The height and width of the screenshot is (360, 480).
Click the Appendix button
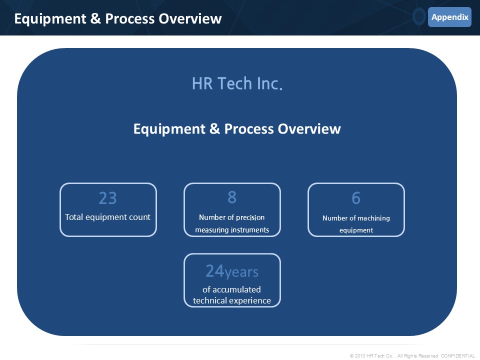pyautogui.click(x=449, y=17)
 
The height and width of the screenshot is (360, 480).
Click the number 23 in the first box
pyautogui.click(x=108, y=198)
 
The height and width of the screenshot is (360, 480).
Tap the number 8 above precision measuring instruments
pyautogui.click(x=232, y=197)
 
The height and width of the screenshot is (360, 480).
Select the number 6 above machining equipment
pyautogui.click(x=356, y=198)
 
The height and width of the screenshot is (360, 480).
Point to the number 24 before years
pyautogui.click(x=215, y=271)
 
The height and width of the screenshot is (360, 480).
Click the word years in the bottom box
pyautogui.click(x=241, y=272)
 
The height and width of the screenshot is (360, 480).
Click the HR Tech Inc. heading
pyautogui.click(x=237, y=83)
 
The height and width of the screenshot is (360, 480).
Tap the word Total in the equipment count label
pyautogui.click(x=74, y=217)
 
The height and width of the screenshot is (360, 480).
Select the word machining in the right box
pyautogui.click(x=373, y=218)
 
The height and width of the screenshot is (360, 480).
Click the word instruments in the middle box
pyautogui.click(x=250, y=230)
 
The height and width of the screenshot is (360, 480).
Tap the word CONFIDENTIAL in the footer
pyautogui.click(x=458, y=355)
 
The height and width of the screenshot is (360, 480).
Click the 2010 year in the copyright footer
pyautogui.click(x=360, y=355)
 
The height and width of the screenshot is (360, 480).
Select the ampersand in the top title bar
pyautogui.click(x=95, y=18)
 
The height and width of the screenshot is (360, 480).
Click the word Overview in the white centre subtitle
pyautogui.click(x=309, y=129)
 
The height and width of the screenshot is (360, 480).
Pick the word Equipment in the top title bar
pyautogui.click(x=50, y=19)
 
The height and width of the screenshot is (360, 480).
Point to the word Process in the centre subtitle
pyautogui.click(x=249, y=129)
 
